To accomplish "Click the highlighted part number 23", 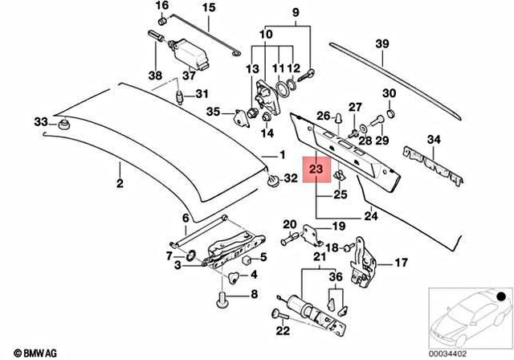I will click(316, 170).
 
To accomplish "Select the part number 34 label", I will click(434, 141).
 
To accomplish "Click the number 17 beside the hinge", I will click(401, 262).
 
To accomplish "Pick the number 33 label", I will click(40, 122).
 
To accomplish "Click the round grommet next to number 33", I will click(62, 125).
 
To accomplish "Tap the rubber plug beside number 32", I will click(273, 178).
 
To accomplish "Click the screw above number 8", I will click(222, 304).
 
